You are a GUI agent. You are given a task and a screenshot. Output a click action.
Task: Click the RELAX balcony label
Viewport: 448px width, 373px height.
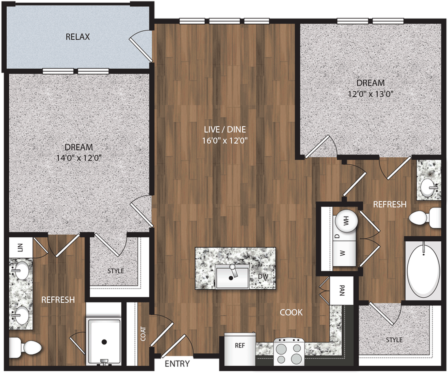tap(78, 37)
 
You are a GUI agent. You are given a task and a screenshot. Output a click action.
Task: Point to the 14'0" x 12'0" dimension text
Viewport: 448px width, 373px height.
tap(79, 158)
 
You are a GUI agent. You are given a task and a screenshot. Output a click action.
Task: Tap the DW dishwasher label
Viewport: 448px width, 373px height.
tap(262, 277)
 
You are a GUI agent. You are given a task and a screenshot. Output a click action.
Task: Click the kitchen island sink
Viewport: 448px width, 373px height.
tap(232, 276)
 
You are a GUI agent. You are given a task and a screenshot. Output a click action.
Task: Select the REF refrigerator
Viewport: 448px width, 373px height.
tap(240, 345)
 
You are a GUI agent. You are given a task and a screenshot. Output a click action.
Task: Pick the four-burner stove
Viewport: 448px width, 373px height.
tap(289, 352)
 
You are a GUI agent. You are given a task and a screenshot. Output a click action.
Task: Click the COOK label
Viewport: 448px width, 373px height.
tap(291, 312)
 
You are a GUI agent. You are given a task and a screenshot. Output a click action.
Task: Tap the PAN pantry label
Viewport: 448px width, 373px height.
tap(342, 291)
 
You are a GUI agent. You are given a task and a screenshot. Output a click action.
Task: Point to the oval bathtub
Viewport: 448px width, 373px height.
tap(423, 270)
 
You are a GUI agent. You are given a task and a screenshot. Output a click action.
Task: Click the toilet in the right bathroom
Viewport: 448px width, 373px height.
tap(424, 217)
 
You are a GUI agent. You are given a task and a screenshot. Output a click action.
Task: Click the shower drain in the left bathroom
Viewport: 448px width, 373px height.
tap(104, 342)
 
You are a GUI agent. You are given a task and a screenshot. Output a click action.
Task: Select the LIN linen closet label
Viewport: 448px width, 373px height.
tap(20, 247)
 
